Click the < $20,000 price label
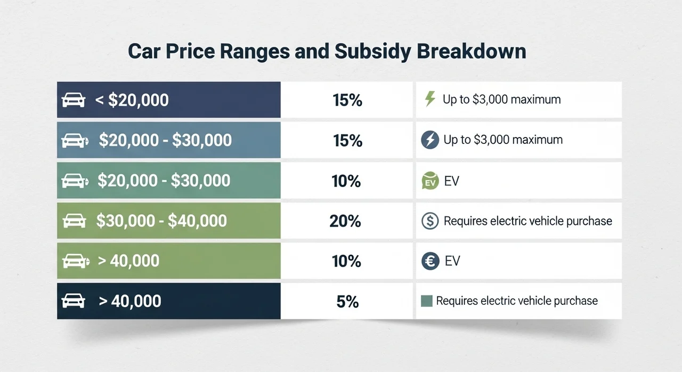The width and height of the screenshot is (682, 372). point(132,100)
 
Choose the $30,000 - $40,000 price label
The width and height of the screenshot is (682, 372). point(161,220)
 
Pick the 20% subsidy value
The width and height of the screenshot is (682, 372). point(345,221)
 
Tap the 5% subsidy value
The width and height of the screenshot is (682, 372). point(347,302)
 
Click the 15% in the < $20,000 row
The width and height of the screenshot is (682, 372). point(347,100)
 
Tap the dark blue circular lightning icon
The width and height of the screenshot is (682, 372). point(429,140)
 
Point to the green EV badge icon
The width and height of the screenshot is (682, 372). point(430,181)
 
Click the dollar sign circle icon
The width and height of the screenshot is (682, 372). point(430,221)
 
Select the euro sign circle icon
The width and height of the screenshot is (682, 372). point(430,261)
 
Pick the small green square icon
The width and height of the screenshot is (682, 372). point(426,301)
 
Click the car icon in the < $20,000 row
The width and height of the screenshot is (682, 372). point(74,100)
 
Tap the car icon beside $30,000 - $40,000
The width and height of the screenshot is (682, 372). point(74,221)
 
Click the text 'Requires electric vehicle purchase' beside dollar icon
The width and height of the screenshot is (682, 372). point(527,221)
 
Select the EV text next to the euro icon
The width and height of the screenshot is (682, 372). point(452,261)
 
